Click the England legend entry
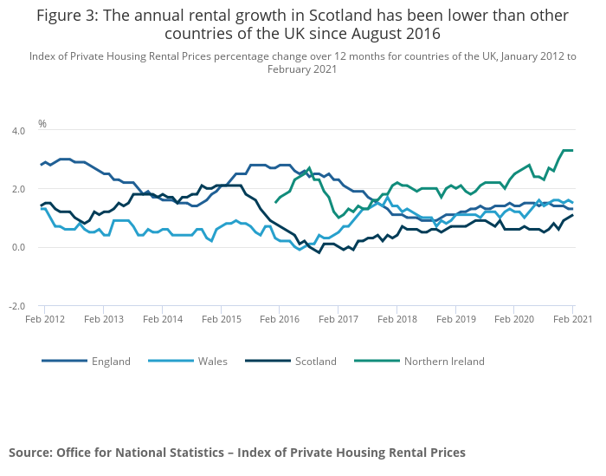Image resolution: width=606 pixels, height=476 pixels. click(111, 361)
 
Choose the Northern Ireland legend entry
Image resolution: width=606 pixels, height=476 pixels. click(444, 361)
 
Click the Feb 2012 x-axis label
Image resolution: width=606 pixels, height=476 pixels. click(44, 320)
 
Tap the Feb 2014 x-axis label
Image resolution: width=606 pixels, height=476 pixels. click(162, 320)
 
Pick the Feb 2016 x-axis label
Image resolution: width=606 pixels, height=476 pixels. click(279, 320)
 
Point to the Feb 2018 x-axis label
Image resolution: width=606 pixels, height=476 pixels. click(396, 320)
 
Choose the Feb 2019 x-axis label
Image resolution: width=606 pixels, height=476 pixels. click(455, 320)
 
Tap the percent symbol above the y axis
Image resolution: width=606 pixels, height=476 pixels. click(42, 124)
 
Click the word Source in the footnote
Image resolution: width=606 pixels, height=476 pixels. click(29, 452)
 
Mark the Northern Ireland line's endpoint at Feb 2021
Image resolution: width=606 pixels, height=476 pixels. click(572, 150)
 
